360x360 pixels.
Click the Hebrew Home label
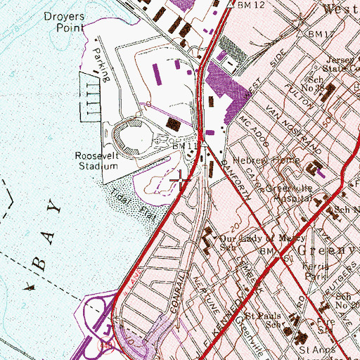(276, 160)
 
